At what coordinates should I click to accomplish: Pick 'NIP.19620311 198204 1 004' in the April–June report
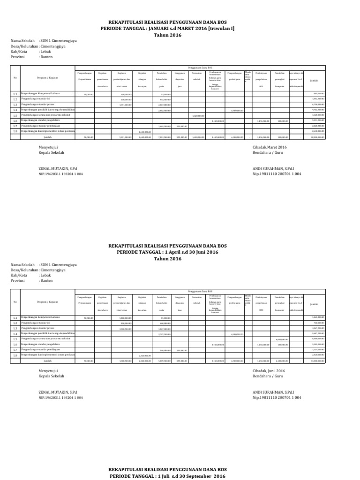60,397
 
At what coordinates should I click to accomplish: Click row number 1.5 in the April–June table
15,339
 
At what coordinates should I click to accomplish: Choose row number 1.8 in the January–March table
15,131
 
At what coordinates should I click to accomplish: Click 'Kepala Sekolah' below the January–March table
51,153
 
